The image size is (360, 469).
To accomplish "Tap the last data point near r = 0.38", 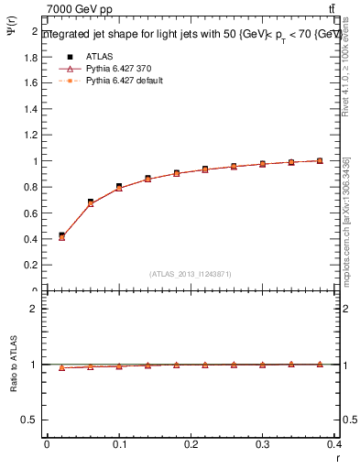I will (x=320, y=160).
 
